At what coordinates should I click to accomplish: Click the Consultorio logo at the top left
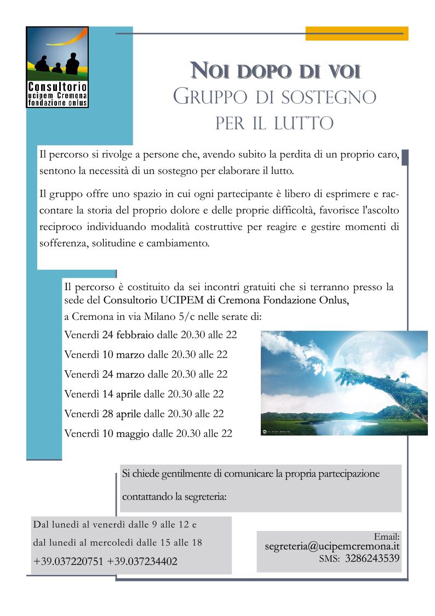pyautogui.click(x=57, y=67)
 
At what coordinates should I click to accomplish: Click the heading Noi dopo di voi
pyautogui.click(x=275, y=71)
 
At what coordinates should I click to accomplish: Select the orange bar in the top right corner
pyautogui.click(x=356, y=33)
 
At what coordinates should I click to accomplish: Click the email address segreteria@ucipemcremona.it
pyautogui.click(x=332, y=547)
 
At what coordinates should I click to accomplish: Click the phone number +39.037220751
pyautogui.click(x=68, y=562)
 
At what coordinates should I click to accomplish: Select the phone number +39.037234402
pyautogui.click(x=142, y=562)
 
